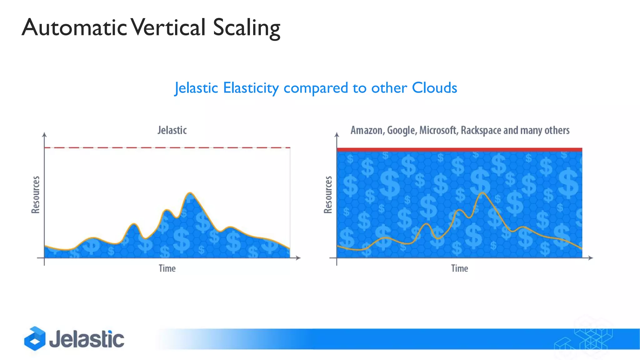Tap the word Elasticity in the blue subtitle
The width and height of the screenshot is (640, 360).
pos(251,88)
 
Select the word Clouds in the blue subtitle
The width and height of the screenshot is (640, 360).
pos(434,88)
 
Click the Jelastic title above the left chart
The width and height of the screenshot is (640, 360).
pos(172,130)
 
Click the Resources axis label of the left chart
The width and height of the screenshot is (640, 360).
pos(36,195)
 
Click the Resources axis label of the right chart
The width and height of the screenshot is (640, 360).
pos(328,195)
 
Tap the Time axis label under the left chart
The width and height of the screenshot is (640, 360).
pos(167,268)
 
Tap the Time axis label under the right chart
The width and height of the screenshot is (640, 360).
pos(459,268)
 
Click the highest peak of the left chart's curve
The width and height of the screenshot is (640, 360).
pos(190,193)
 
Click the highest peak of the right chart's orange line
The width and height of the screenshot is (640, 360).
pos(482,193)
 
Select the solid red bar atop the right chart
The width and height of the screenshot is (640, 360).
pos(459,150)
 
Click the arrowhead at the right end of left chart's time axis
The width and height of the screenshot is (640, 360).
pos(298,258)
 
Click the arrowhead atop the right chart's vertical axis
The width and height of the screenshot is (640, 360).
pos(337,135)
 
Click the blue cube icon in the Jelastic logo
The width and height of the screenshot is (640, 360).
pos(35,338)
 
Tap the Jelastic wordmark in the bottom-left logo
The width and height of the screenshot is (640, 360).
pos(87,339)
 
